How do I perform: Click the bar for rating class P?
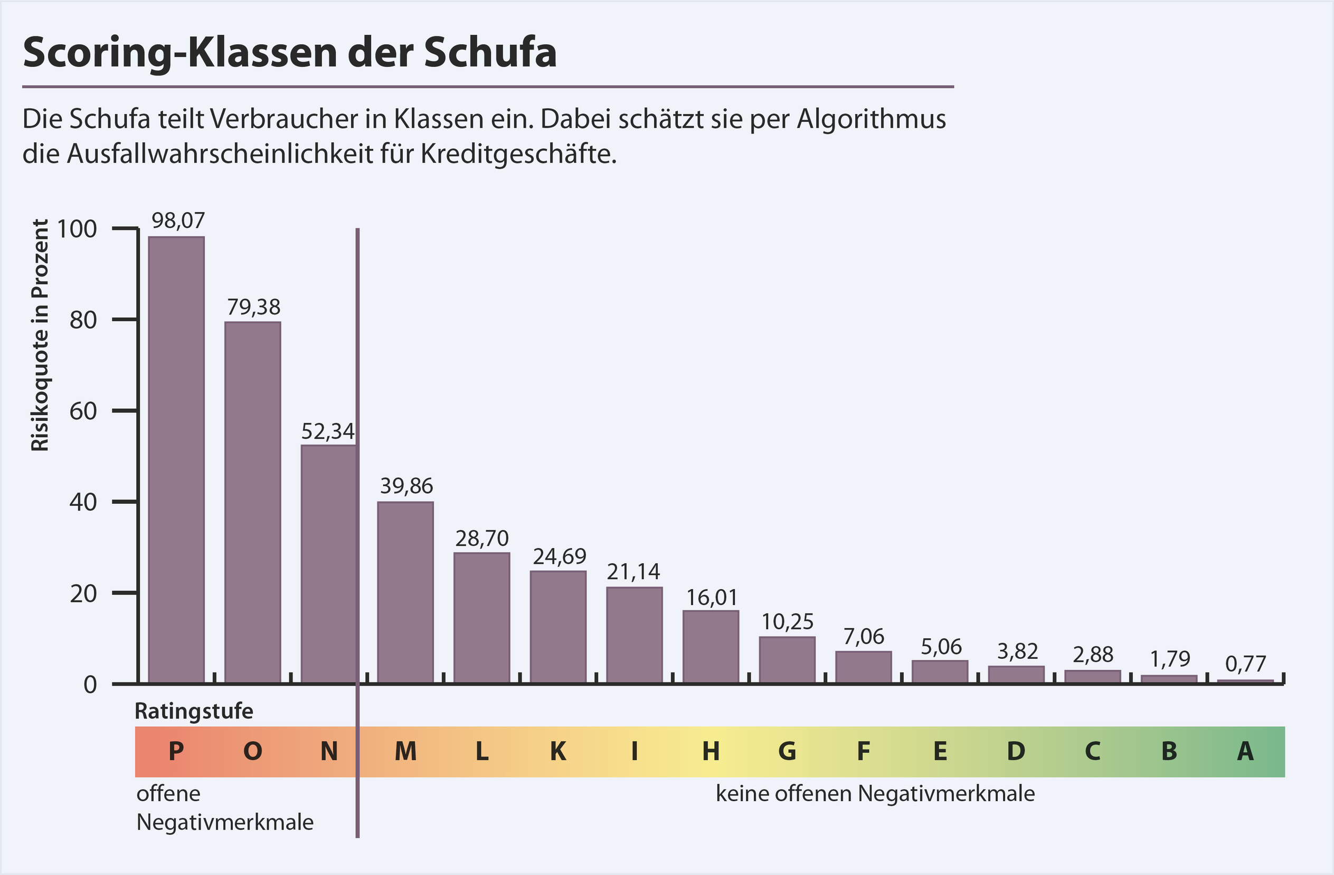click(x=176, y=459)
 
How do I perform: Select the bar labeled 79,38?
click(x=253, y=502)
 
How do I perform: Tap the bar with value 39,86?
click(x=405, y=592)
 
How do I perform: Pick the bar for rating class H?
click(x=711, y=647)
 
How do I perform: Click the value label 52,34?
click(x=328, y=431)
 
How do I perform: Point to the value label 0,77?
click(x=1245, y=664)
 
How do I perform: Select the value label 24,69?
click(x=560, y=556)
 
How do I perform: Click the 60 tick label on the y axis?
click(x=83, y=411)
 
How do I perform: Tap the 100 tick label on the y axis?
click(x=77, y=228)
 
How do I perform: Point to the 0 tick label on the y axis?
click(x=90, y=685)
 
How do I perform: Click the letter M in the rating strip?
click(x=405, y=751)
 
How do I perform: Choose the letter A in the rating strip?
click(x=1245, y=751)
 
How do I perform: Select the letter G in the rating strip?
click(x=787, y=751)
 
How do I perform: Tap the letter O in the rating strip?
click(x=253, y=751)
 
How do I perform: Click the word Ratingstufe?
click(x=194, y=711)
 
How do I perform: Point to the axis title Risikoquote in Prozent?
click(x=40, y=335)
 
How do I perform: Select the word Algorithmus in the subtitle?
click(x=871, y=119)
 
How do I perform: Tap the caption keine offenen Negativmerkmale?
click(x=875, y=793)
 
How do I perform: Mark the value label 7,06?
click(x=863, y=637)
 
